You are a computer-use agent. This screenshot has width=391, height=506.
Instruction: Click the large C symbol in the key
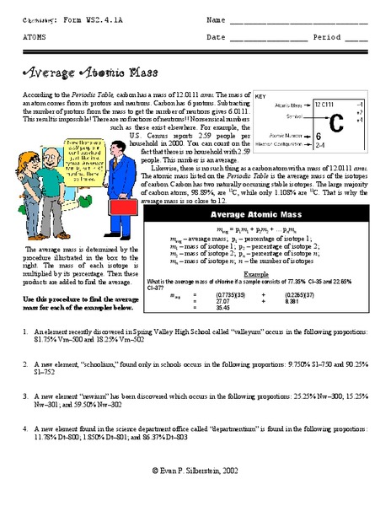click(336, 121)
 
